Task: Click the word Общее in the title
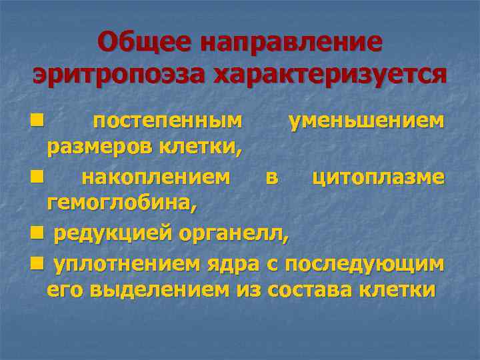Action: (x=141, y=43)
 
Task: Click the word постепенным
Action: (x=167, y=121)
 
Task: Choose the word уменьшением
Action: (x=365, y=121)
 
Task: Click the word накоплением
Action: (x=157, y=177)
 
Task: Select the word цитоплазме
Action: (x=378, y=177)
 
